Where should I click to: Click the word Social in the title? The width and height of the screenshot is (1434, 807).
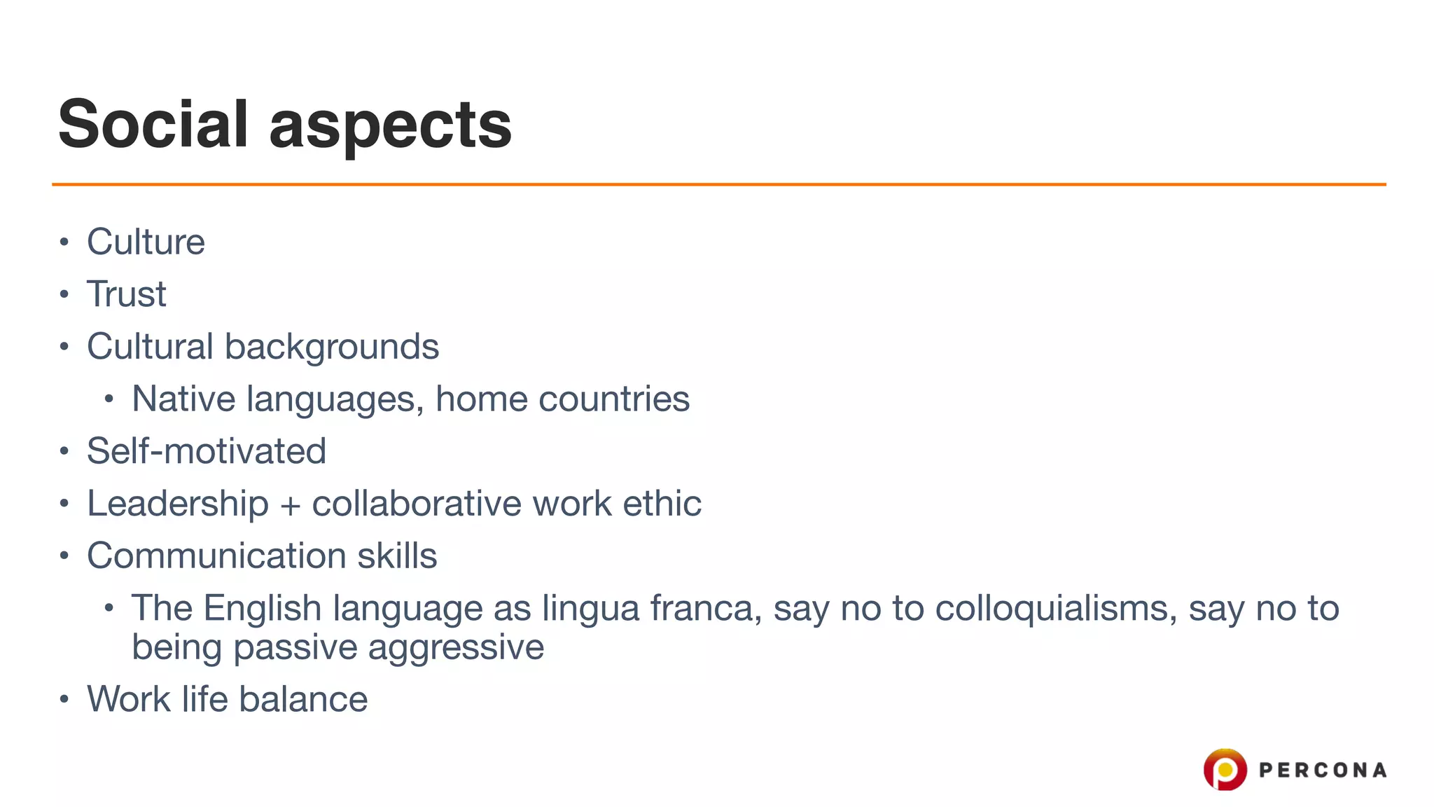click(153, 124)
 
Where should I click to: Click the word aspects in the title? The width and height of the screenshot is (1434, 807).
click(390, 126)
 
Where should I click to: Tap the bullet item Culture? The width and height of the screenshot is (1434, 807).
click(146, 242)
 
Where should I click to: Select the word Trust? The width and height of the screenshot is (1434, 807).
click(127, 294)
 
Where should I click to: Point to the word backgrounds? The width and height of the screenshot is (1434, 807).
click(331, 347)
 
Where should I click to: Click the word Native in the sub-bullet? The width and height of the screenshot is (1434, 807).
click(183, 399)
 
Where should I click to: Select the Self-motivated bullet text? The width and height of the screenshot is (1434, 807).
click(207, 451)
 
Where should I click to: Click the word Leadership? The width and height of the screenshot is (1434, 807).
click(178, 504)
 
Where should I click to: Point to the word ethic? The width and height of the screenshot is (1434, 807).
click(662, 504)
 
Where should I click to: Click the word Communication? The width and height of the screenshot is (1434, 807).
click(216, 556)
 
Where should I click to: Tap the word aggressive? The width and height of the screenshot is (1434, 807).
click(456, 647)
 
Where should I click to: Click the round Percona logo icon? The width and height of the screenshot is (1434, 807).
click(1225, 769)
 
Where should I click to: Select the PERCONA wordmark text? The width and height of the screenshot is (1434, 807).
click(1322, 771)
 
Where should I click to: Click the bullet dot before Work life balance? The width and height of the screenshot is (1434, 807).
click(64, 699)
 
